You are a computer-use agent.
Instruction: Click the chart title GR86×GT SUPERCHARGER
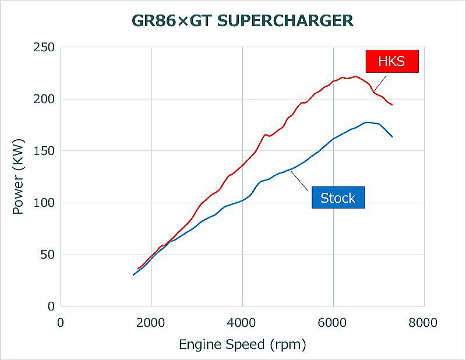[x=242, y=22]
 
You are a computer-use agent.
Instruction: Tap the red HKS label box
[x=392, y=61]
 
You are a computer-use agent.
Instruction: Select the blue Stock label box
[x=338, y=198]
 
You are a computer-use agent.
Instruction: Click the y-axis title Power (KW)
[x=19, y=176]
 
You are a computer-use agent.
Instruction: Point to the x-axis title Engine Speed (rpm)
[x=242, y=344]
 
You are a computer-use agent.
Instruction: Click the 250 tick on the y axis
[x=44, y=47]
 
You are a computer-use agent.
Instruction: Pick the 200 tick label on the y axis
[x=44, y=99]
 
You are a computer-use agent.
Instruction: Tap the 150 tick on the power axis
[x=44, y=151]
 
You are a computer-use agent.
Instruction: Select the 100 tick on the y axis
[x=44, y=203]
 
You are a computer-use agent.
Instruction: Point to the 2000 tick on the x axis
[x=151, y=321]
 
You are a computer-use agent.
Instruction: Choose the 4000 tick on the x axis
[x=242, y=321]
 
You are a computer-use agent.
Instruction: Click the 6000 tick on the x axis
[x=333, y=321]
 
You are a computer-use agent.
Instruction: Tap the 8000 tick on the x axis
[x=423, y=321]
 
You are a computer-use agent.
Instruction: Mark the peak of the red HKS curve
[x=355, y=76]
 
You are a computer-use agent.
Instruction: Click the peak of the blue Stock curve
[x=368, y=122]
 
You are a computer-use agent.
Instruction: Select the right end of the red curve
[x=392, y=105]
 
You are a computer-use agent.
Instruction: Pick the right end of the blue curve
[x=392, y=136]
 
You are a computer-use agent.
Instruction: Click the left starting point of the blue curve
[x=134, y=274]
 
